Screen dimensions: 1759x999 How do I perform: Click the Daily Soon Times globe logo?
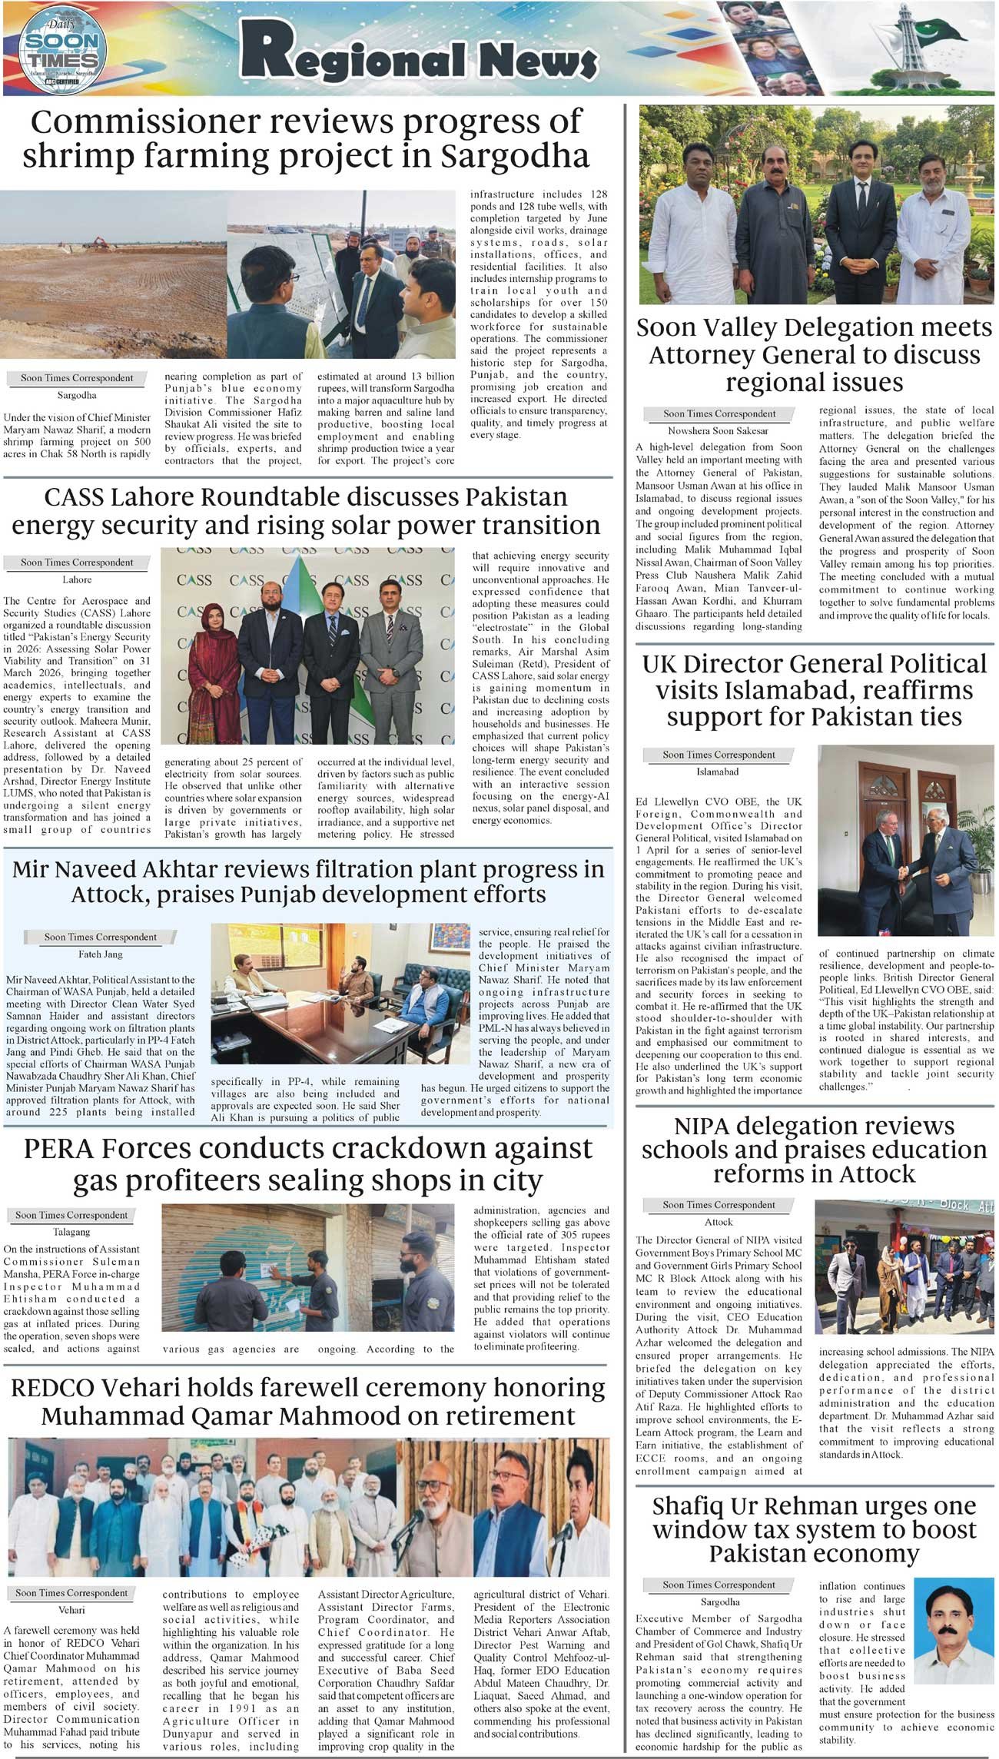click(63, 50)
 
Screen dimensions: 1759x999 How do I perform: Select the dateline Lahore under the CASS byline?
click(77, 580)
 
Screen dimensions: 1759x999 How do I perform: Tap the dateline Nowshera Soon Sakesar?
click(718, 431)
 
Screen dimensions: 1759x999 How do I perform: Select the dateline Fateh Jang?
click(100, 954)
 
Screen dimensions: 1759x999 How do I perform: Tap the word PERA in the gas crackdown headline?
click(65, 1148)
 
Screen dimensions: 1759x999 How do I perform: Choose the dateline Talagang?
click(71, 1232)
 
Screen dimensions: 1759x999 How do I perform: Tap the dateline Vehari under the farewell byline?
click(71, 1610)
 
